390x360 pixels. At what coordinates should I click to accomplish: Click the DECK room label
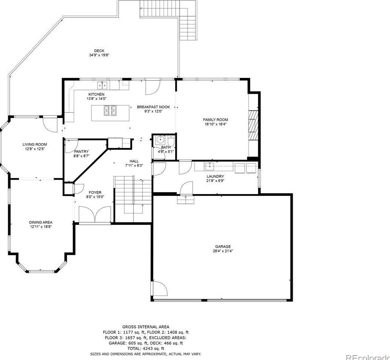[99, 51]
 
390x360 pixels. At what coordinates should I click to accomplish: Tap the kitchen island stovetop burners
[110, 111]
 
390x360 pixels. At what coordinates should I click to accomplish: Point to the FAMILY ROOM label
[215, 120]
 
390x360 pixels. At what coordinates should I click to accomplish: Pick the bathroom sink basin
[160, 140]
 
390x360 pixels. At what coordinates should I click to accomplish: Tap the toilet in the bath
[171, 141]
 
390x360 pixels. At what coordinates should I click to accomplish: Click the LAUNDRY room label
[215, 176]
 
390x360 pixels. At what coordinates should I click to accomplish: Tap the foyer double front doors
[95, 214]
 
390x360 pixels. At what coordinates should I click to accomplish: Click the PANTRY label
[81, 151]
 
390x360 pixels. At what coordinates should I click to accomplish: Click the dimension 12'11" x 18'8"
[41, 227]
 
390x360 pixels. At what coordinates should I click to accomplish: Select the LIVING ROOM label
[34, 144]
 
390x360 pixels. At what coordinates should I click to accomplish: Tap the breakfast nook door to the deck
[153, 87]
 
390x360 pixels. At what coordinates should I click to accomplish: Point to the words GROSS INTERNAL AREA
[146, 327]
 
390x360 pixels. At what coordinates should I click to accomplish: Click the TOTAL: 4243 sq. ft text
[146, 348]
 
